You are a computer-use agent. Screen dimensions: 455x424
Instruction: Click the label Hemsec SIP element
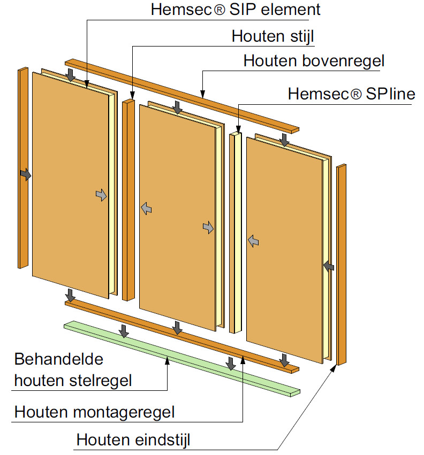[236, 9]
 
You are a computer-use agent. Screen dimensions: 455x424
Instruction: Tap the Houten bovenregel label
[313, 61]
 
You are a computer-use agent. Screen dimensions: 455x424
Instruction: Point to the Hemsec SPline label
[351, 94]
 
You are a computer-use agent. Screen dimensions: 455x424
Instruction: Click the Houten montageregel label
[94, 412]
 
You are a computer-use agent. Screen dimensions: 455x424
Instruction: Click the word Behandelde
[59, 358]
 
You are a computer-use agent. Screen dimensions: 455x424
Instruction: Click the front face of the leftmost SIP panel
[70, 182]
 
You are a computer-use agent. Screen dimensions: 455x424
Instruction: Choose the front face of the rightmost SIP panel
[284, 241]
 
